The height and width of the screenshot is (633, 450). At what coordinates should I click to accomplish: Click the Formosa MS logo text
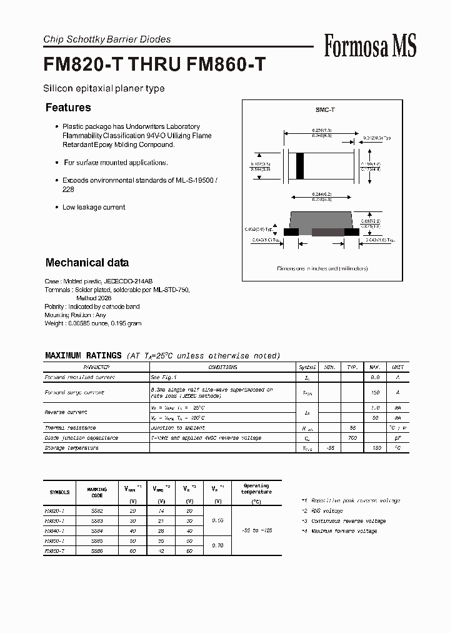[370, 46]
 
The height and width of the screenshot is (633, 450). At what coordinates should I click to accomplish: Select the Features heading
[68, 108]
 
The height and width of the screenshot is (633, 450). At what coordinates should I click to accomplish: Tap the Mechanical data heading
[87, 263]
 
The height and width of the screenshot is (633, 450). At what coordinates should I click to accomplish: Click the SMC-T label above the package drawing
[325, 110]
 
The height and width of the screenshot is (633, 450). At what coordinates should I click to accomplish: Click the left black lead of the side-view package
[291, 231]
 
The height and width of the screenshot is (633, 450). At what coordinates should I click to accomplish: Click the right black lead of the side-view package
[352, 231]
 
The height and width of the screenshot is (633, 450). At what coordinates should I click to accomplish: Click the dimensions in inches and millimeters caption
[322, 268]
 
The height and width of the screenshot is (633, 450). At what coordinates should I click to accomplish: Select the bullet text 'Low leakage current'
[94, 207]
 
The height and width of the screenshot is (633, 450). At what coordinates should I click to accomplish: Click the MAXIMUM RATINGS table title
[83, 356]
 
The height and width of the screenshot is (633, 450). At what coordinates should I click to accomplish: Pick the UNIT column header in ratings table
[397, 367]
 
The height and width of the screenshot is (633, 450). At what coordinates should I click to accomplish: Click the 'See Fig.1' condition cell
[164, 377]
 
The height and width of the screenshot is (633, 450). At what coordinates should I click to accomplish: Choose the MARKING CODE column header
[97, 492]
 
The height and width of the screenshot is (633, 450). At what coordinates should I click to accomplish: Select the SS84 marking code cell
[97, 530]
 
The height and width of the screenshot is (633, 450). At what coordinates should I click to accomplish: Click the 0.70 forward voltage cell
[217, 545]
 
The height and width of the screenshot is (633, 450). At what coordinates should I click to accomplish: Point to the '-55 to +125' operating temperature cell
[256, 530]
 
